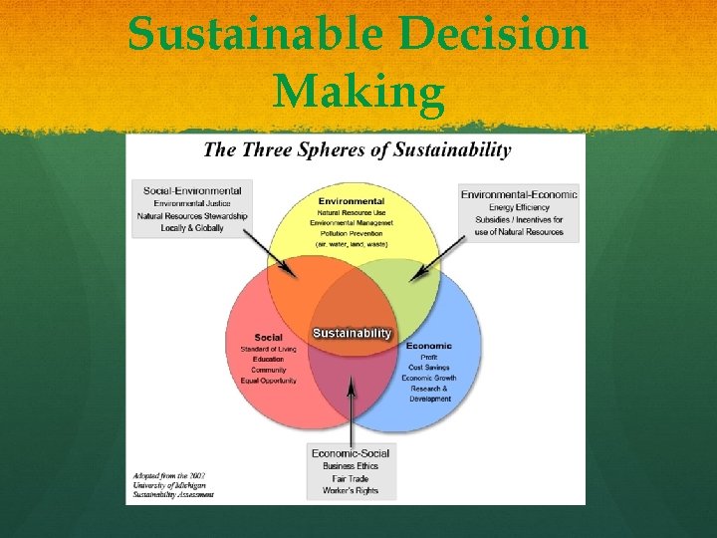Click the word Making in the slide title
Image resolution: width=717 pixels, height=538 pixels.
pyautogui.click(x=358, y=93)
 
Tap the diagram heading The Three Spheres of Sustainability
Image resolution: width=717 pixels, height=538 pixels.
pyautogui.click(x=357, y=150)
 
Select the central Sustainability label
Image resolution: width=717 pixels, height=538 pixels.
pyautogui.click(x=353, y=333)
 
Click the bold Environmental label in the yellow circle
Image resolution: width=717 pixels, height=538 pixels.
pyautogui.click(x=352, y=201)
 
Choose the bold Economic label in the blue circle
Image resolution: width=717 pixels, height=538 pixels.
pyautogui.click(x=429, y=346)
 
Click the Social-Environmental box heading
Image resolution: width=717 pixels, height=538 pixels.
pyautogui.click(x=192, y=191)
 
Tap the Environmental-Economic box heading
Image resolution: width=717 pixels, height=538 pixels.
pyautogui.click(x=519, y=194)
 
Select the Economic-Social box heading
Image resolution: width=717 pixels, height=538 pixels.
pyautogui.click(x=351, y=453)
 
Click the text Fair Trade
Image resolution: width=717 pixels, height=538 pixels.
pyautogui.click(x=351, y=479)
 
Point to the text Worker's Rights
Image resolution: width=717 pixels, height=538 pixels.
pyautogui.click(x=351, y=491)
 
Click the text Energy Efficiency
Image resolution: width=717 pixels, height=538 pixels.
pyautogui.click(x=519, y=207)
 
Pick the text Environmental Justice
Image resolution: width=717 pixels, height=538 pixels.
pyautogui.click(x=192, y=203)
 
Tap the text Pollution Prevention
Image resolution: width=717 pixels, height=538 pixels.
pyautogui.click(x=352, y=234)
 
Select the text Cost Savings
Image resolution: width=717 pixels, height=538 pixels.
pyautogui.click(x=429, y=368)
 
